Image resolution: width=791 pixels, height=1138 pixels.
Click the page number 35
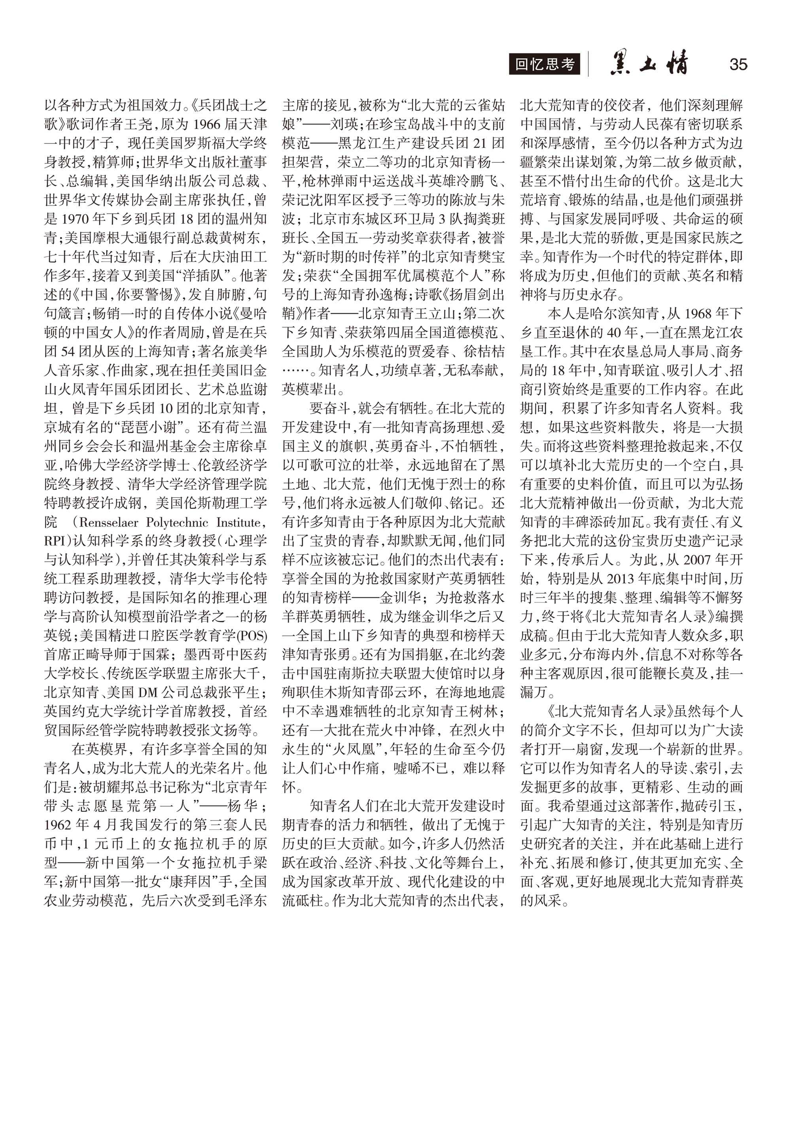coord(738,64)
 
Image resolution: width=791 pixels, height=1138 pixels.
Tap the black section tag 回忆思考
coord(544,64)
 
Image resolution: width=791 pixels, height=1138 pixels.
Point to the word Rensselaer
coord(108,522)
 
